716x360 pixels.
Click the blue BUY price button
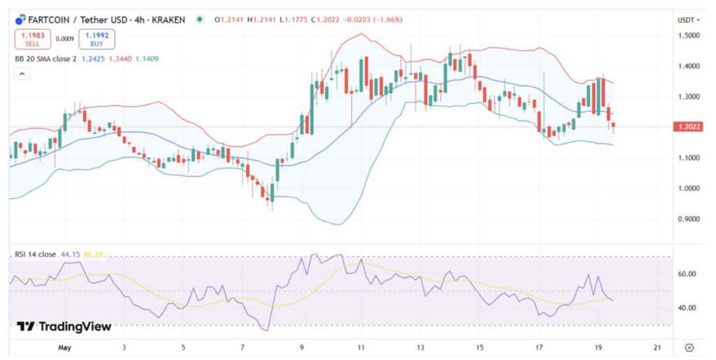96,38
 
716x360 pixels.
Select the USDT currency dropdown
686,20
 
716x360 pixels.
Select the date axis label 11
360,347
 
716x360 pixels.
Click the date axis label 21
657,347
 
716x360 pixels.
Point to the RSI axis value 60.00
687,274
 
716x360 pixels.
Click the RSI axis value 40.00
687,308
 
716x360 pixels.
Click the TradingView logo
64,326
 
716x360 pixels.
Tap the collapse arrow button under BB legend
22,75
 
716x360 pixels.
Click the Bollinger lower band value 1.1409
147,59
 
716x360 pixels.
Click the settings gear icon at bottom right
689,347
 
